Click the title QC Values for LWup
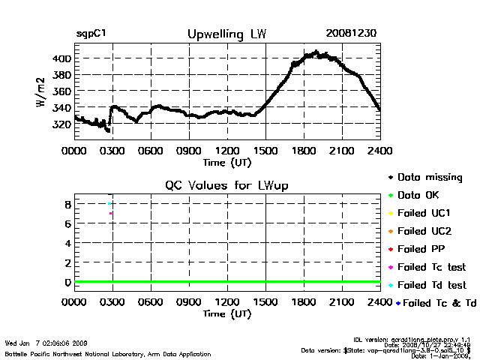pos(226,185)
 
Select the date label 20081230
pos(351,34)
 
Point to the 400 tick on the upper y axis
pos(61,58)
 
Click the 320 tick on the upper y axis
pos(61,123)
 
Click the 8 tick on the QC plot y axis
pos(67,204)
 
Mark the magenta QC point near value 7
pos(110,214)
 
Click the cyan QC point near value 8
pos(109,204)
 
